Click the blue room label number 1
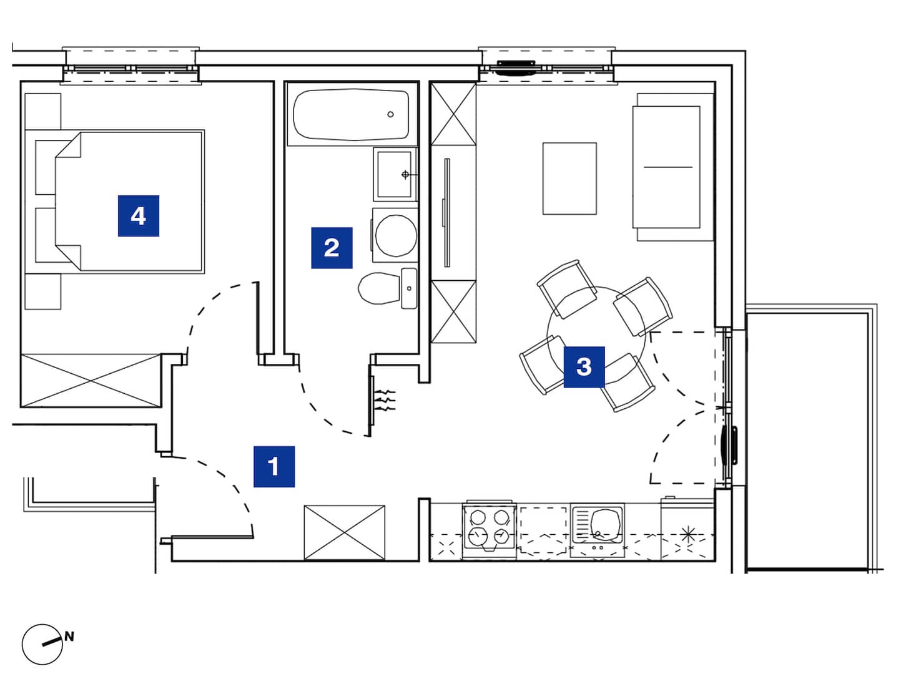tap(273, 466)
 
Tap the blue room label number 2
tap(332, 247)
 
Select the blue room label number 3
tap(584, 367)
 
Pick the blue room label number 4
tap(139, 215)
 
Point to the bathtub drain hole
tap(390, 114)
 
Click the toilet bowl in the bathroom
tap(378, 288)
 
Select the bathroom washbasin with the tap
tap(394, 174)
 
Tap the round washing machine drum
tap(396, 236)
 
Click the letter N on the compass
tap(69, 637)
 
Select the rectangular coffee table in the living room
tap(569, 178)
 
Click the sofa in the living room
tap(674, 167)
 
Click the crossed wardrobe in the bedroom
tap(91, 380)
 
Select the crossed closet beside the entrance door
tap(344, 532)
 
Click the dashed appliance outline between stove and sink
tap(543, 530)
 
